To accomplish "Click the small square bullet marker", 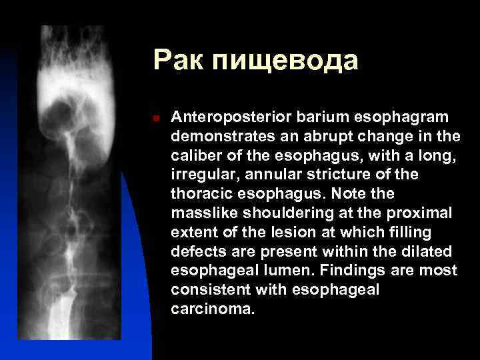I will (155, 118).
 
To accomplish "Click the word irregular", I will (199, 175).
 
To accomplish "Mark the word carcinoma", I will (213, 309).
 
